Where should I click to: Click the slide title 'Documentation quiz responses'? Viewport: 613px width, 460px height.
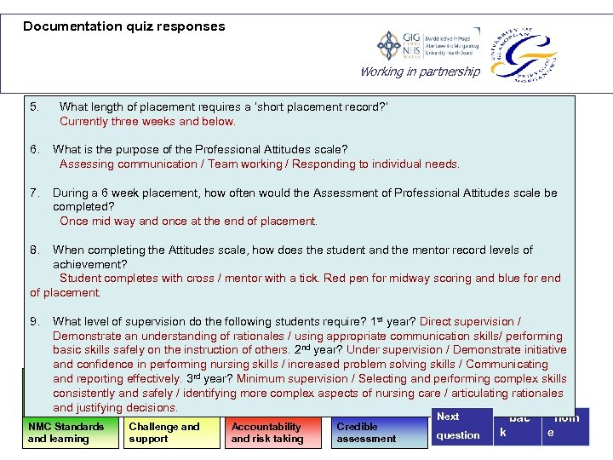pos(124,26)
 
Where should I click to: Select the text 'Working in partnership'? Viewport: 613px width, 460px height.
pos(420,72)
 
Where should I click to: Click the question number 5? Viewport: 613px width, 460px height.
pos(34,107)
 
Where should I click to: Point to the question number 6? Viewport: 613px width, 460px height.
pos(34,150)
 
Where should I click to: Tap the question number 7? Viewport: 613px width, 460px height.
pos(34,193)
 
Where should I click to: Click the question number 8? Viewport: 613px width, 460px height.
pos(34,250)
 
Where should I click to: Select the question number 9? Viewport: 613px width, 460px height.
pos(34,322)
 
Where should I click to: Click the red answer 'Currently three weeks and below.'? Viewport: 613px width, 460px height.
pos(147,122)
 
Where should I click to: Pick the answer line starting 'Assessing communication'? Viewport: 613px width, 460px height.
pos(259,164)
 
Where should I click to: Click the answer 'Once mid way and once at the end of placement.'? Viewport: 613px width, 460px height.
pos(188,221)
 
